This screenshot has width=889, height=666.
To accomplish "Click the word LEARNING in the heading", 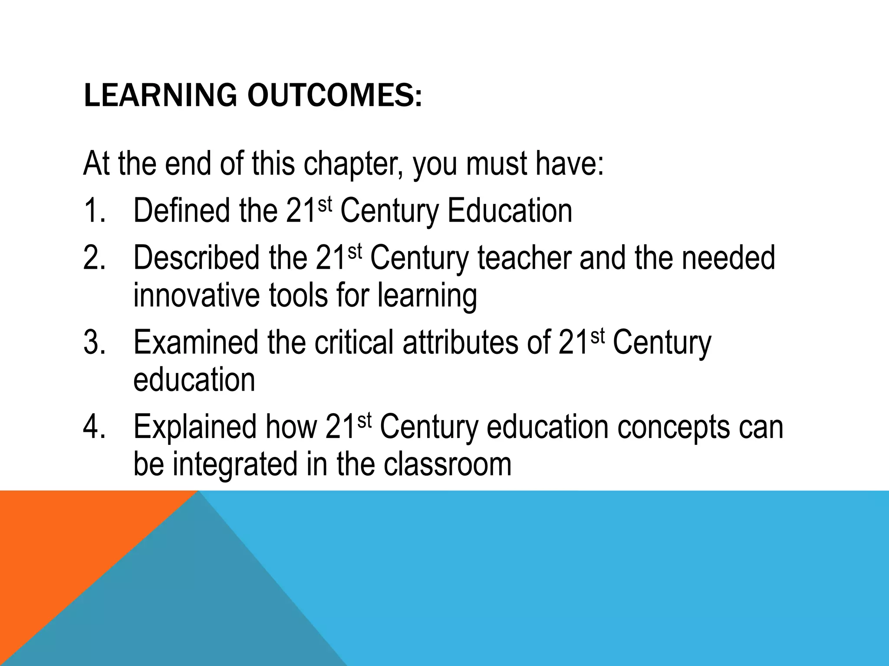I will (x=160, y=95).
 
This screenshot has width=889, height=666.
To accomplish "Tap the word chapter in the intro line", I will (x=353, y=164).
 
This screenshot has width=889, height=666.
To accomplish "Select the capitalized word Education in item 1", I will (x=510, y=211).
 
